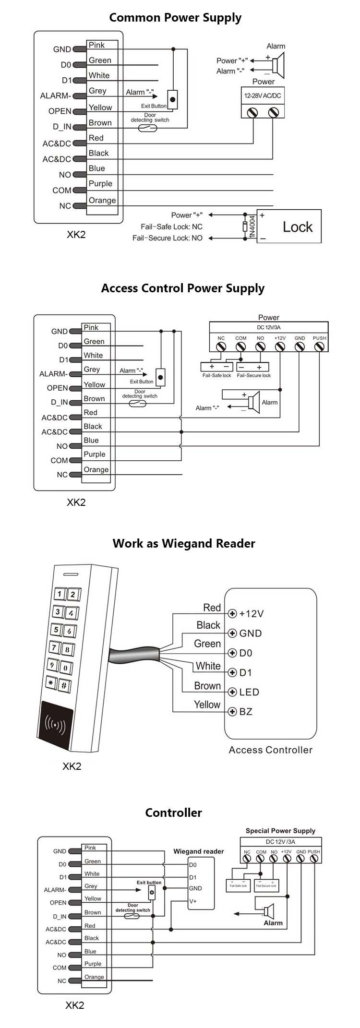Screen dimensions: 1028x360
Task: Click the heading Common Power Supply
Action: [x=175, y=18]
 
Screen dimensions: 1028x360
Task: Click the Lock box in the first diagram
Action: [x=289, y=227]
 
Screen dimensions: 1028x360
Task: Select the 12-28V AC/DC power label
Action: [x=263, y=96]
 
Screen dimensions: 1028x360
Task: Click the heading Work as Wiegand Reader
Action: [x=184, y=543]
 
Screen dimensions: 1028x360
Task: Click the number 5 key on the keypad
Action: [x=56, y=630]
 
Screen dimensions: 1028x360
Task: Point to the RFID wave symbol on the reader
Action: [x=55, y=723]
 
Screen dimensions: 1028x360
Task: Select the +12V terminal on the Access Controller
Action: [x=232, y=613]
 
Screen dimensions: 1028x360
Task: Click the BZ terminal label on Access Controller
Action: [x=246, y=712]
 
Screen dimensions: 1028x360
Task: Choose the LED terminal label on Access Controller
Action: [x=249, y=692]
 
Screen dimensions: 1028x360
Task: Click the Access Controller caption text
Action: [x=270, y=750]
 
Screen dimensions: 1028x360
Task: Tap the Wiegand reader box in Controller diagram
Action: [x=201, y=883]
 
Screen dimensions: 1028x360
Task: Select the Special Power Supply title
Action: [x=280, y=830]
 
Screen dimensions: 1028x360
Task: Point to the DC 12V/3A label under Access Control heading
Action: [x=269, y=327]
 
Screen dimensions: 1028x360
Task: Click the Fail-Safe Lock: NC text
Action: [x=171, y=227]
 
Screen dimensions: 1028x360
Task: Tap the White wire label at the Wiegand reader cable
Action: [x=208, y=666]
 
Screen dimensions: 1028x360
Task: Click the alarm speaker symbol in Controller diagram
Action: [x=269, y=910]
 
